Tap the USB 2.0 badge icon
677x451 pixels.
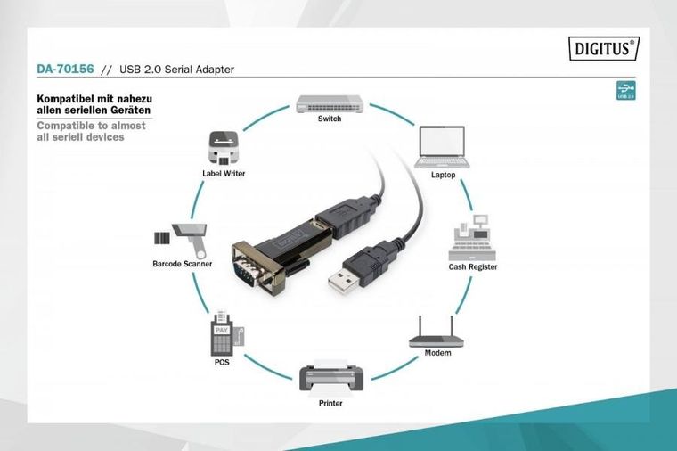pyautogui.click(x=626, y=91)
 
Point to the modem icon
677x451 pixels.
pyautogui.click(x=436, y=332)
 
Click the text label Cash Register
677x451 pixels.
pyautogui.click(x=472, y=266)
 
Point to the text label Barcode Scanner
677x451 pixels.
pyautogui.click(x=181, y=264)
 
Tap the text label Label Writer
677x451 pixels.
pyautogui.click(x=223, y=175)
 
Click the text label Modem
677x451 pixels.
pyautogui.click(x=437, y=353)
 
